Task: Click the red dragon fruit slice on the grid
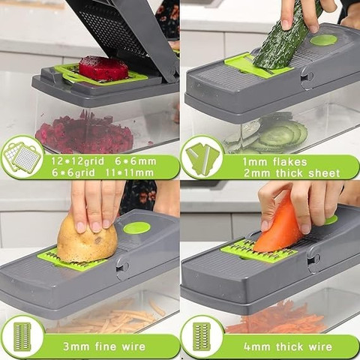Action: [103, 67]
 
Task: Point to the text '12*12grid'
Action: [78, 161]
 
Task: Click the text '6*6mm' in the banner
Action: [136, 161]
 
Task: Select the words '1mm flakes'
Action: [274, 162]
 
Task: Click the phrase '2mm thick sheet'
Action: [292, 173]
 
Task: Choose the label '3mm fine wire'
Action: [104, 346]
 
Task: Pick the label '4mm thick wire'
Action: [288, 346]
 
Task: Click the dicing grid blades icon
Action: [21, 157]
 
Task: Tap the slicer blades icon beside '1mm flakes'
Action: [202, 157]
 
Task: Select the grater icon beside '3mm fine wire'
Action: [22, 336]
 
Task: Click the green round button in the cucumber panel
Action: [323, 40]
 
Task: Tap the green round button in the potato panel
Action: [136, 228]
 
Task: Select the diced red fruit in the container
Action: [85, 133]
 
